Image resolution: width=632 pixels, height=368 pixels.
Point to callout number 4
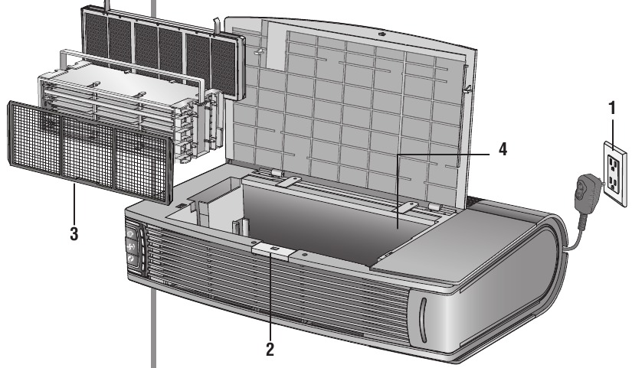click(x=503, y=148)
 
